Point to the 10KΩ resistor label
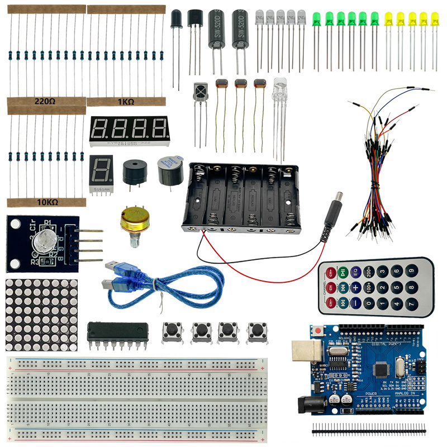click(44, 201)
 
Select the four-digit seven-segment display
click(129, 130)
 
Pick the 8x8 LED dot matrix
click(40, 313)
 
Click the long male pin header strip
click(368, 430)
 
